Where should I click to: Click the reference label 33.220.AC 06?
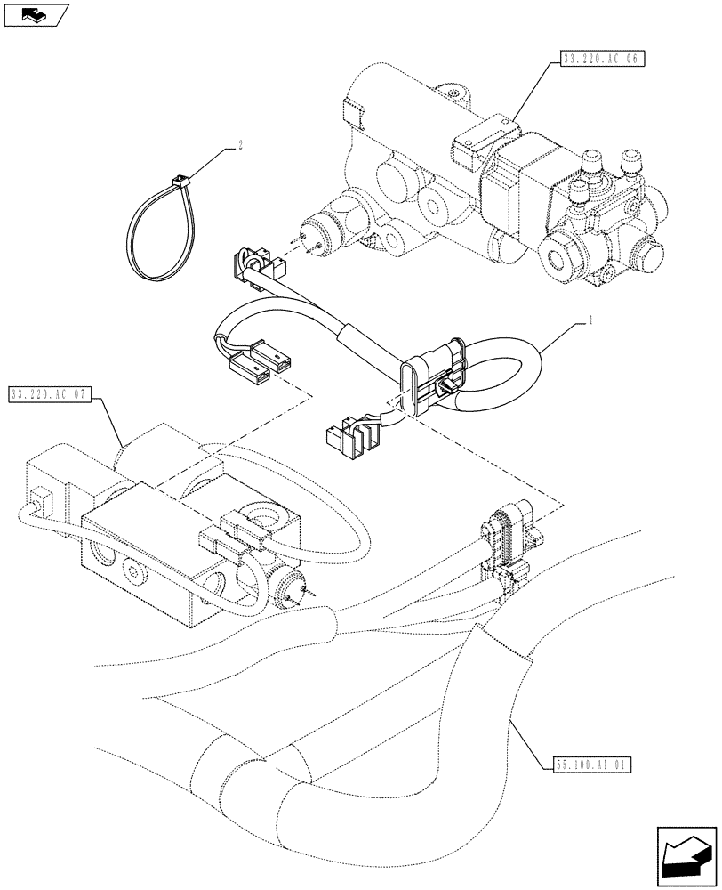click(x=602, y=59)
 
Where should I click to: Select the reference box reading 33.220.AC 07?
click(x=50, y=393)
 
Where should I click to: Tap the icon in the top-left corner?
click(x=35, y=14)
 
